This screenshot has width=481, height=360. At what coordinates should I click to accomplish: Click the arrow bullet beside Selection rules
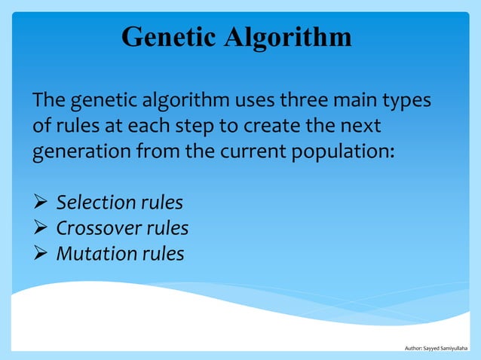click(x=41, y=203)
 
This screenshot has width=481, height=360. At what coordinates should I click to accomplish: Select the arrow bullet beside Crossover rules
click(x=41, y=228)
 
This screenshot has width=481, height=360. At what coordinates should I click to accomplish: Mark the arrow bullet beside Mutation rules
click(x=41, y=254)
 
